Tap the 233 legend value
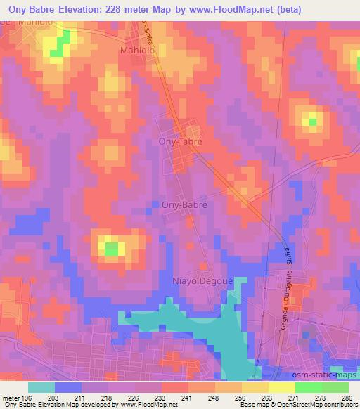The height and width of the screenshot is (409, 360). click(x=161, y=398)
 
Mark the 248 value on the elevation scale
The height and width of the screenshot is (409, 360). click(x=214, y=398)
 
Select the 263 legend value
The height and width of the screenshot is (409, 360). click(x=268, y=398)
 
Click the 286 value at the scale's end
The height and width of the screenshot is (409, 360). click(x=347, y=398)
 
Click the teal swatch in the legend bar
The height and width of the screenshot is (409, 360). click(x=41, y=387)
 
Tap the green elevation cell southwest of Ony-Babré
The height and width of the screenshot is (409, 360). click(x=110, y=247)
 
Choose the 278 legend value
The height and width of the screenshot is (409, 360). click(x=321, y=398)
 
